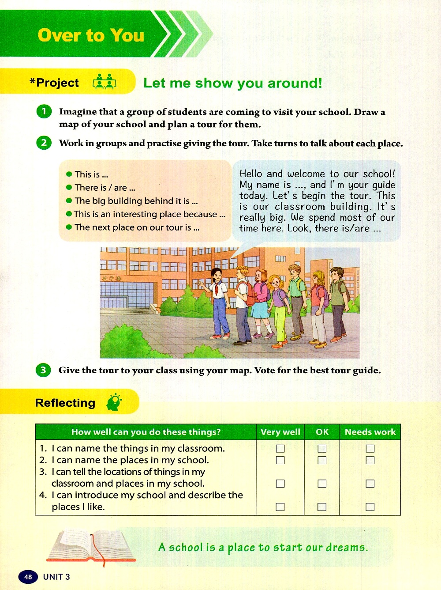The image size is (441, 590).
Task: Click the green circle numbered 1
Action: click(44, 111)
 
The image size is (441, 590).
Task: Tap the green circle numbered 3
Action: click(43, 370)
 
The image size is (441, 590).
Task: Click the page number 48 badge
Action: click(28, 577)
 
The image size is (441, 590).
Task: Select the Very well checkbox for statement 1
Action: click(280, 449)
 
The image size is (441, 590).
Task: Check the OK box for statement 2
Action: click(322, 460)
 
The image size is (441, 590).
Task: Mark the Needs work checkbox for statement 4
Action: click(370, 507)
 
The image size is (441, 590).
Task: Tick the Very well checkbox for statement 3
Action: click(280, 484)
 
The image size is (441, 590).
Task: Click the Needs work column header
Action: click(370, 432)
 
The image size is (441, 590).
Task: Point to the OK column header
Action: click(322, 432)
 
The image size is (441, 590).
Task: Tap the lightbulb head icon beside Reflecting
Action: click(114, 402)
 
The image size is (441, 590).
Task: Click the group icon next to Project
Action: click(105, 82)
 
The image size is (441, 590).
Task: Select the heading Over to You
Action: click(91, 35)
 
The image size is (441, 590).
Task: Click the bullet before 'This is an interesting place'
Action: click(69, 214)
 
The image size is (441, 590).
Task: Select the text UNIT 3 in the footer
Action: click(56, 577)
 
